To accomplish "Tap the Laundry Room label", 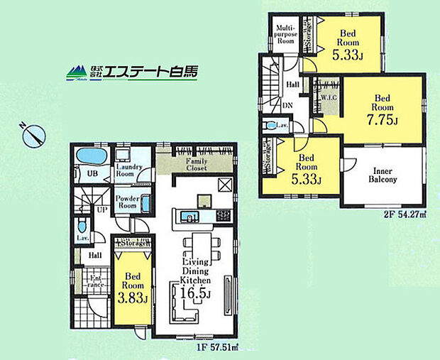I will coord(129,170).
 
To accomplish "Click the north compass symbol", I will coord(33,134).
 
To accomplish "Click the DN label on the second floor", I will coord(288,105).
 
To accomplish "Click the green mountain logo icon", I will coord(76,72).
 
